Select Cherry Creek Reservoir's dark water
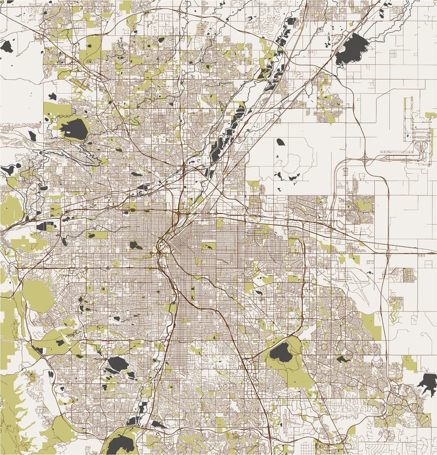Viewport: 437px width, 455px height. (281, 353)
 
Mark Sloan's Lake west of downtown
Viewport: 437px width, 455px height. (135, 245)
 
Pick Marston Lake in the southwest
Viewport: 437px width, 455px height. (118, 363)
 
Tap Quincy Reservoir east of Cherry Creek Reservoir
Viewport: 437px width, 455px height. (342, 359)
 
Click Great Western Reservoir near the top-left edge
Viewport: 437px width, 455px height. (6, 46)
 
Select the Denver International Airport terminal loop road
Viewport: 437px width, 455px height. (421, 147)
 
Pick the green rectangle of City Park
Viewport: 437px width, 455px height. (208, 246)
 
